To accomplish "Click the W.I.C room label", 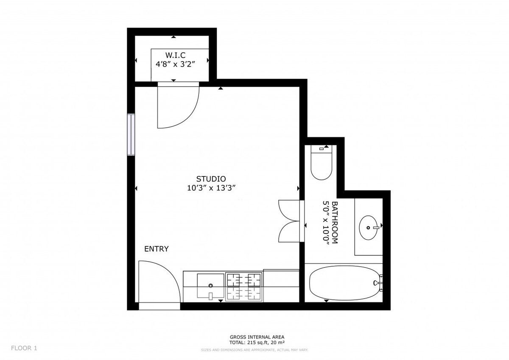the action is point(175,55).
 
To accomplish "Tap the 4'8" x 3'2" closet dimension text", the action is point(175,64).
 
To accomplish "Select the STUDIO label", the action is point(211,179).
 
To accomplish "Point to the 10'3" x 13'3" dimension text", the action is point(211,188).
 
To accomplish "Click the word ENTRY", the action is point(157,249).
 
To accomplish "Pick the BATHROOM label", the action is point(335,222).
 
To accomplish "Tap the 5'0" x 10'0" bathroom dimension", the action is point(326,223).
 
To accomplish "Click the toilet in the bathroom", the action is point(322,163).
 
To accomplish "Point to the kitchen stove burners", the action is point(244,287).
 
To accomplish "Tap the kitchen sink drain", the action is point(210,285).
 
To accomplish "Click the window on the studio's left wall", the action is point(131,134).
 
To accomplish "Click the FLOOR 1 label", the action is point(24,348).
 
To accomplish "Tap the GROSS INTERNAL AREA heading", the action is point(257,337).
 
